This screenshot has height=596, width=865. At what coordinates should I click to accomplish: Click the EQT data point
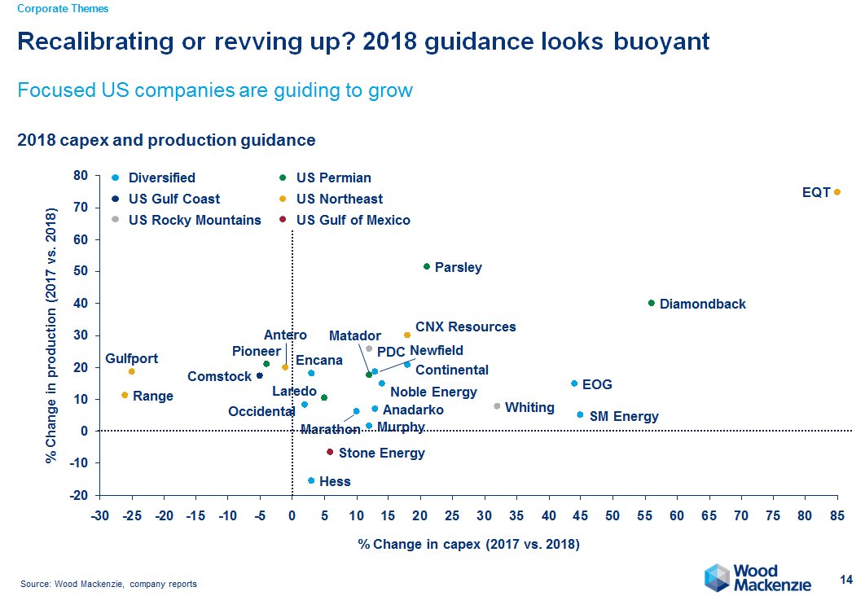click(836, 192)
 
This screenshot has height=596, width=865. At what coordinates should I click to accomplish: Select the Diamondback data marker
click(651, 303)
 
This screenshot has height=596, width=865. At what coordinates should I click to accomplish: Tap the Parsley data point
click(426, 266)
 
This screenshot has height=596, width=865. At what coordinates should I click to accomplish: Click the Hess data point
click(311, 480)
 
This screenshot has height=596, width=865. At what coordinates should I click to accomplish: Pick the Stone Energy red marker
click(330, 452)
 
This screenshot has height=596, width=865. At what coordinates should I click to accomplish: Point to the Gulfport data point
click(131, 371)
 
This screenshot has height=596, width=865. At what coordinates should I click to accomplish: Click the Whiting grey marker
click(497, 406)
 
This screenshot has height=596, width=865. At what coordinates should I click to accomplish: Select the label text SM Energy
click(623, 417)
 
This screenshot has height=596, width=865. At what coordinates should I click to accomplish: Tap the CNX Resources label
click(465, 326)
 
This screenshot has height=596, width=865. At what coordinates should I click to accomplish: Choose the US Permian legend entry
click(333, 177)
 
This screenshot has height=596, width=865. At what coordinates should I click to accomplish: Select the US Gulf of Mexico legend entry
click(353, 220)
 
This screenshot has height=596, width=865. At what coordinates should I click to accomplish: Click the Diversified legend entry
click(161, 177)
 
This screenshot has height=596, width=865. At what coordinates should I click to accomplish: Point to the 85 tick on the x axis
click(836, 515)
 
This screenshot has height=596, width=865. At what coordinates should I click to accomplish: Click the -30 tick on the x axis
click(99, 515)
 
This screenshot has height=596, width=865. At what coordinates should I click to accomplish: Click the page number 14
click(845, 580)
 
